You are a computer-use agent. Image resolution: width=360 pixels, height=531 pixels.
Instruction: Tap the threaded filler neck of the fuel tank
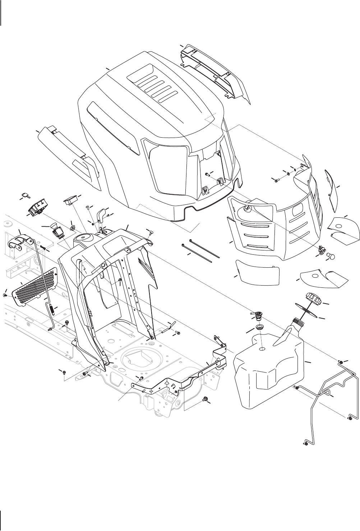click(297, 321)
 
